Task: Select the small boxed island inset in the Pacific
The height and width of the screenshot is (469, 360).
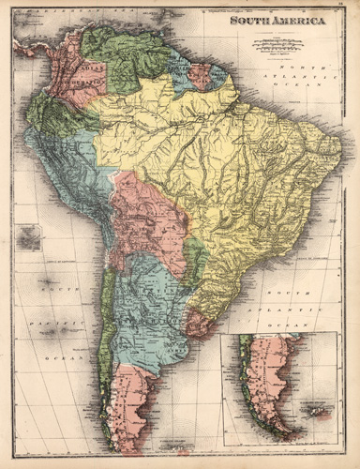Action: tap(29, 238)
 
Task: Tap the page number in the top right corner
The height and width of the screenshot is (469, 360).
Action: tap(341, 7)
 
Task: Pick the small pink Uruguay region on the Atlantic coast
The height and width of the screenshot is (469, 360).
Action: tap(199, 323)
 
